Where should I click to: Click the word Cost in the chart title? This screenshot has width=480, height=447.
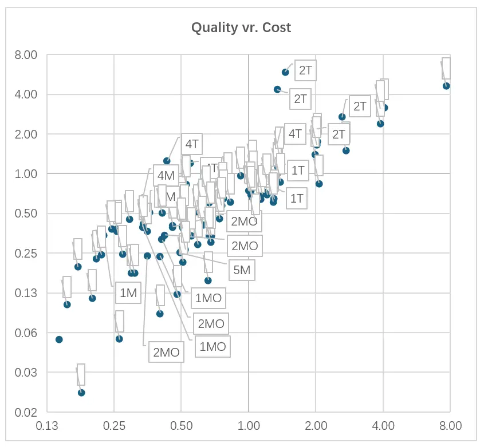pos(277,27)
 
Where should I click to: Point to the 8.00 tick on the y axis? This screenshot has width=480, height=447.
pos(26,55)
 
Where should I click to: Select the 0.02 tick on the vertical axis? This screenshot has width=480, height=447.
pos(26,412)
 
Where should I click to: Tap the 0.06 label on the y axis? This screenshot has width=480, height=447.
pos(26,333)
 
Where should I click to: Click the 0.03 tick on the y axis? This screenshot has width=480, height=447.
pos(26,373)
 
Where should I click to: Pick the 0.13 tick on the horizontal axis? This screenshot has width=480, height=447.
pos(47,426)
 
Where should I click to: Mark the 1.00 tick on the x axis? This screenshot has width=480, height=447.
pos(248,426)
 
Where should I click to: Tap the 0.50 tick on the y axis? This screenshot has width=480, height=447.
pos(26,213)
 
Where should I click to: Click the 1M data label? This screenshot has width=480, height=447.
pos(128,294)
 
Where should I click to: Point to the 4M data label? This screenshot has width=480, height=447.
pos(166,176)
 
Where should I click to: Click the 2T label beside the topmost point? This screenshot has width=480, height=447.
pos(305,71)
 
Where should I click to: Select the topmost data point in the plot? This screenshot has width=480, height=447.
pos(285,72)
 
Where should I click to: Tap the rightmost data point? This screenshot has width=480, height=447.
pos(446,86)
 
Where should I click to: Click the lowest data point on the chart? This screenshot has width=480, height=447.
pos(81,393)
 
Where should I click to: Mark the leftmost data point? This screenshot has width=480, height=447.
pos(58,339)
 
